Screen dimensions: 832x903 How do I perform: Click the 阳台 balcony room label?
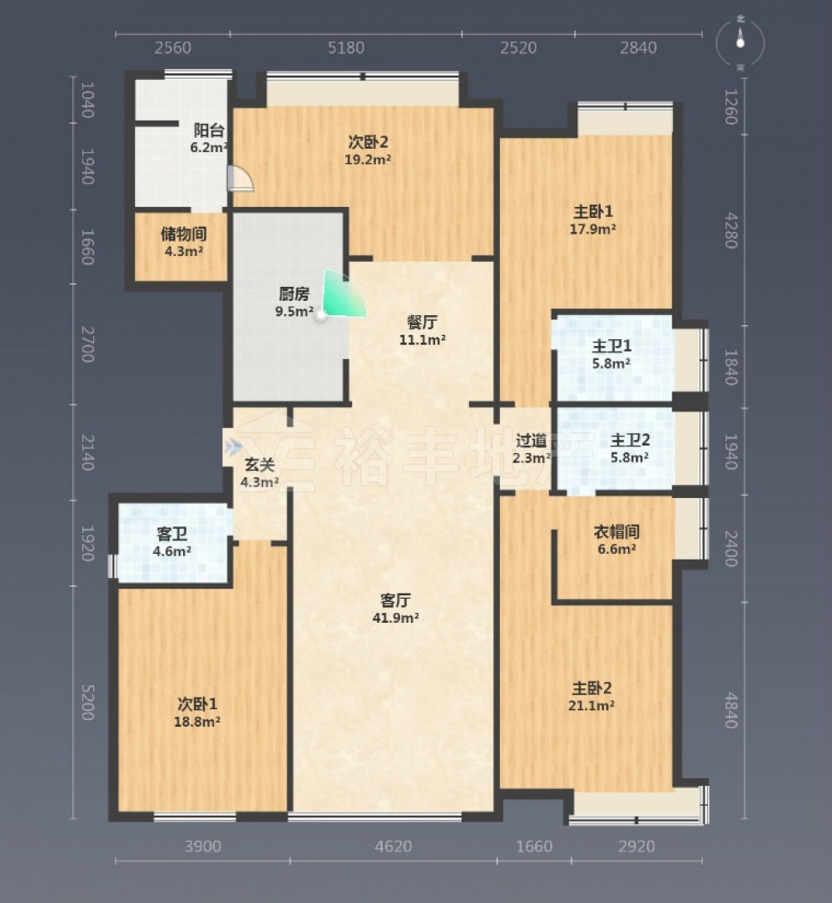point(209,131)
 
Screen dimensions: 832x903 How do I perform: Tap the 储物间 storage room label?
point(184,234)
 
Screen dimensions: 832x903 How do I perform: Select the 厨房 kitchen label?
point(294,294)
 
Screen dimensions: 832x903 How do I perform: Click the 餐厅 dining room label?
point(422,322)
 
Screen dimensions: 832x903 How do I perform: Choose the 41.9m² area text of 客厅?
point(395,618)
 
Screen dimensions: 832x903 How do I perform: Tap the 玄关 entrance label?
point(260,465)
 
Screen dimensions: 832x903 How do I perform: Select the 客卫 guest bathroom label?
point(171,534)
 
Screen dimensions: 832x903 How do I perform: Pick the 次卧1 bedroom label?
point(197,703)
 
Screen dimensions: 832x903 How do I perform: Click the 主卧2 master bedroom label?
point(592,688)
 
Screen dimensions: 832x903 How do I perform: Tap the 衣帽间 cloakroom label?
point(617,531)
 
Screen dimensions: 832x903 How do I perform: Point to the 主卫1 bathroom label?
point(612,346)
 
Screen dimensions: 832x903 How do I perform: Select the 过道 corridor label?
point(531,442)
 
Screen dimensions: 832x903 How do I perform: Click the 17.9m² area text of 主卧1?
point(593,229)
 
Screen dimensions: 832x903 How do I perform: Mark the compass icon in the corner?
point(740,43)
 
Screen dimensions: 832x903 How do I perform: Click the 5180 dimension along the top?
point(346,47)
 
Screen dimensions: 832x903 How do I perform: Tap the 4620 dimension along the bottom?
point(393,846)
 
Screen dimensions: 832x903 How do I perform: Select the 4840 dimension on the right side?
point(731,710)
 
